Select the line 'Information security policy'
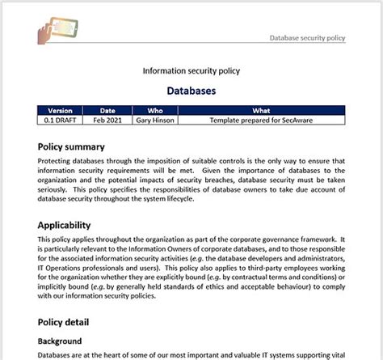coord(191,70)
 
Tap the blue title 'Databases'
coord(191,91)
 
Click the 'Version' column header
coord(61,110)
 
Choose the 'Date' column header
coord(107,110)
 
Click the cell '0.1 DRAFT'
coord(61,120)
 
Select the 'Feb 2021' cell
coord(107,120)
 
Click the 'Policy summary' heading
coord(82,146)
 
